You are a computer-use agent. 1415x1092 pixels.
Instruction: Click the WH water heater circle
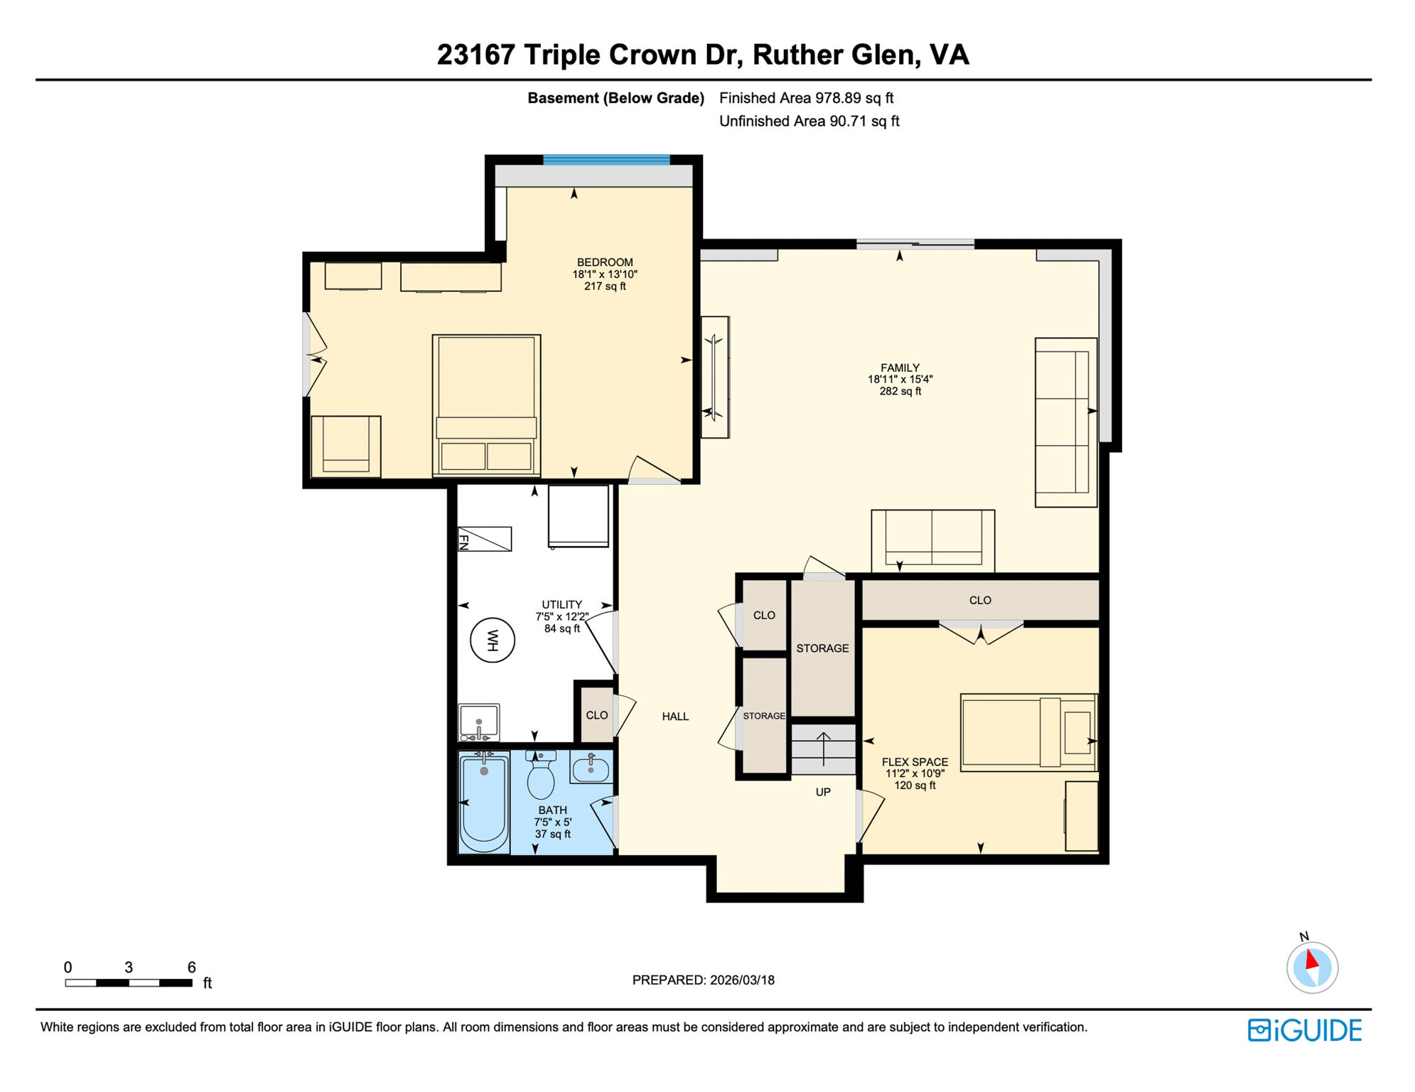click(492, 641)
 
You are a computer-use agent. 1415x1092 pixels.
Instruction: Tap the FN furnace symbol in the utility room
click(484, 539)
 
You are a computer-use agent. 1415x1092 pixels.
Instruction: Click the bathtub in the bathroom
click(484, 801)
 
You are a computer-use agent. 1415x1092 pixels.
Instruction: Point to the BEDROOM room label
click(604, 262)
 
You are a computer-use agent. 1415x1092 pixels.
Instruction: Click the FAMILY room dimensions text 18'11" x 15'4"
click(900, 380)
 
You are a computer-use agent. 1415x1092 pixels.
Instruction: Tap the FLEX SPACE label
click(915, 761)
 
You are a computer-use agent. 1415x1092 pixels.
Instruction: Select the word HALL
click(675, 717)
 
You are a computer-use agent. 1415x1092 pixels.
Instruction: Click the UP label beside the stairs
click(823, 792)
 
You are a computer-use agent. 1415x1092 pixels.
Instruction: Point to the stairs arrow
click(823, 748)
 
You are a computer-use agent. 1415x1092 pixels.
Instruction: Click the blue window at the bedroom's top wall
click(606, 160)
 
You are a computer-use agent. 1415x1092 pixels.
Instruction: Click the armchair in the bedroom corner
click(346, 446)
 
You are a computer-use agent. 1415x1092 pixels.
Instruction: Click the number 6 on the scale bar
click(191, 967)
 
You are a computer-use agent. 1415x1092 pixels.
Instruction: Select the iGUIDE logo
click(1304, 1030)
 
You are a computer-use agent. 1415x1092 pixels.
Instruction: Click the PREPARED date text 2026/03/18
click(742, 980)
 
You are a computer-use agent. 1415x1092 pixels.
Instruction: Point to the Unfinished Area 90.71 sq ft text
click(809, 121)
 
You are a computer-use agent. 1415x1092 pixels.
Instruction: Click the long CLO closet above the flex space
click(980, 601)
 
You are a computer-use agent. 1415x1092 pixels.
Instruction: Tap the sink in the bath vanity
click(591, 769)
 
